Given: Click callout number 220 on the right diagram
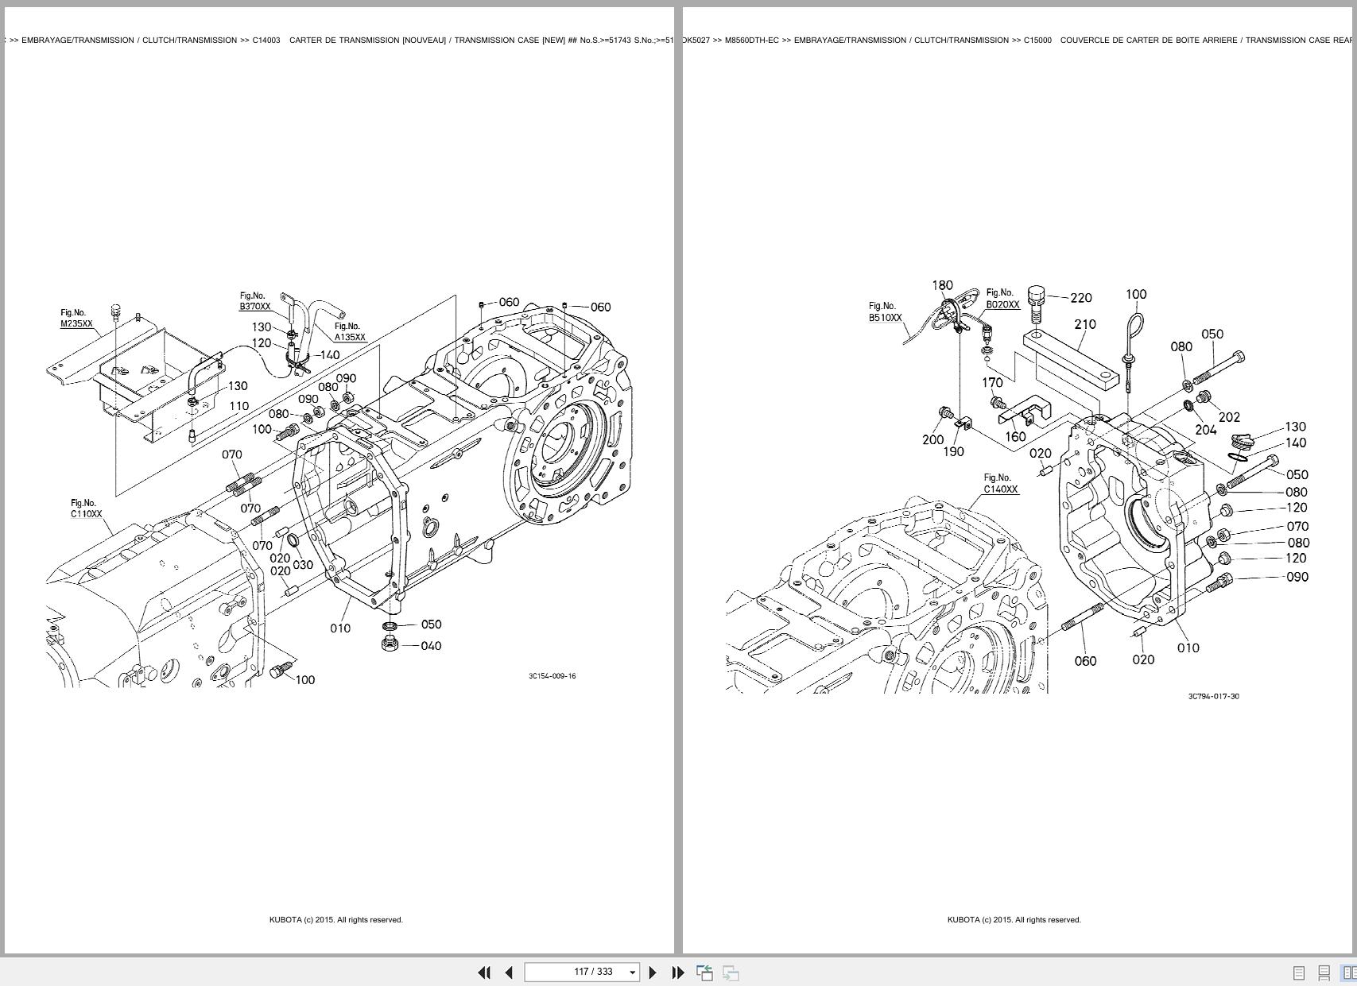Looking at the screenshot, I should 1081,298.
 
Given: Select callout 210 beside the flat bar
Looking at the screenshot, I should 1085,324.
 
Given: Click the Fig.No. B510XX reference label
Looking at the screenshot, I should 884,312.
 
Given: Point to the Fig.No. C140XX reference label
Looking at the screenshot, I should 1000,484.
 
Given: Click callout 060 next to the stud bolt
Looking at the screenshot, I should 1085,661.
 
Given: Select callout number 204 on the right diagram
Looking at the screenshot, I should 1205,430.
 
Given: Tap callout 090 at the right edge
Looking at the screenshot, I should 1297,577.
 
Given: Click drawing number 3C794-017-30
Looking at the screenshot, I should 1213,697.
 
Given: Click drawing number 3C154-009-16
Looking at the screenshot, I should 552,676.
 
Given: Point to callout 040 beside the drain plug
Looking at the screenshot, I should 431,646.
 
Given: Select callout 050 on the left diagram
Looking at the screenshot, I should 431,624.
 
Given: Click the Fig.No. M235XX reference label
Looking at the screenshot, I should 76,319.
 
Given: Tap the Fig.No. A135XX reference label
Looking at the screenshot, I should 349,332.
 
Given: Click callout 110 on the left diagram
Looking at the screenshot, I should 238,406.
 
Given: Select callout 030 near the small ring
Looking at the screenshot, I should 303,565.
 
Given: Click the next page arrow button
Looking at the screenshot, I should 653,972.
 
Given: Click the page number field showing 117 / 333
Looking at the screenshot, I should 581,972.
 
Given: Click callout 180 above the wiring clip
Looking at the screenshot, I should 942,285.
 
